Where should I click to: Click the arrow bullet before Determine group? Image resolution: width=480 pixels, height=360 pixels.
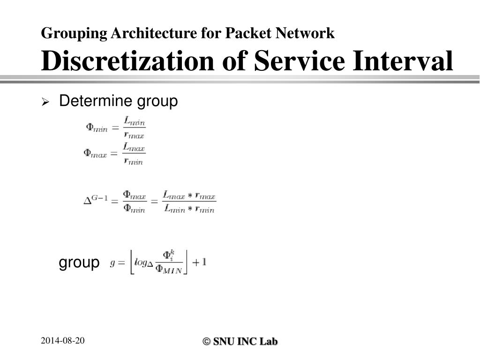tap(45, 102)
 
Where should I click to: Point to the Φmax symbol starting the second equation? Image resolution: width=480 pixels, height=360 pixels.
tap(95, 153)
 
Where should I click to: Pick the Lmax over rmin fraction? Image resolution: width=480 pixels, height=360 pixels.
tap(134, 153)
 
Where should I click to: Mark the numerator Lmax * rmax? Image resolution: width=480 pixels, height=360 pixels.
tap(189, 195)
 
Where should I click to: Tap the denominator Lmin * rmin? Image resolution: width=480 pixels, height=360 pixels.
tap(189, 209)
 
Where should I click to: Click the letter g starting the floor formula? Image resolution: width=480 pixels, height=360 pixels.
tap(112, 263)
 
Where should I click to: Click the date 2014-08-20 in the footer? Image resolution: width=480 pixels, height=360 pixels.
tap(62, 341)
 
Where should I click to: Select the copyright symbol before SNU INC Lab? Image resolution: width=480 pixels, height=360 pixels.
tap(206, 342)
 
